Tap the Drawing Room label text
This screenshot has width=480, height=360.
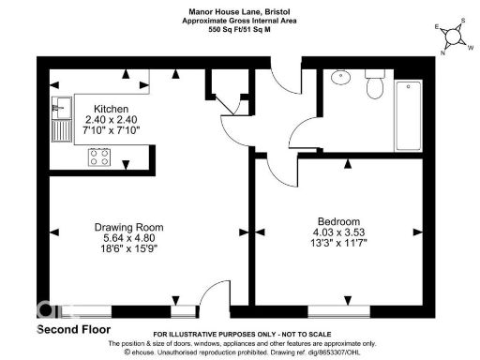point(129,227)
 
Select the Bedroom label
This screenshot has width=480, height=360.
point(337,221)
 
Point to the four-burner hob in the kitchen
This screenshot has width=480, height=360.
point(99,157)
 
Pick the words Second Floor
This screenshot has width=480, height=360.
point(73,330)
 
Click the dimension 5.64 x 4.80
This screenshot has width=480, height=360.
point(129,238)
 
